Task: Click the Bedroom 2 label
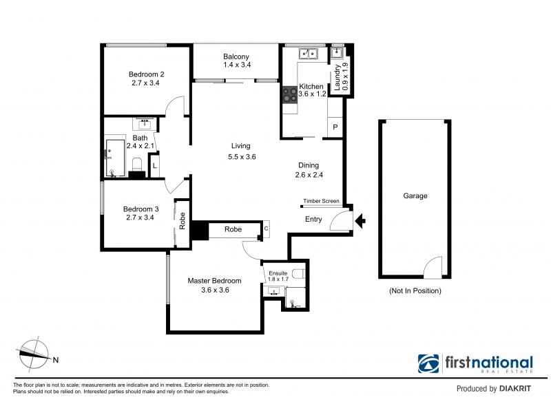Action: [x=146, y=74]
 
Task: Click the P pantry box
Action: [x=335, y=128]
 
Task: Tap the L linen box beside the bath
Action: [x=155, y=166]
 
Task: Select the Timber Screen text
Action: [x=321, y=202]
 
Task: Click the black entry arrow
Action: [x=360, y=221]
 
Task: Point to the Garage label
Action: [x=415, y=196]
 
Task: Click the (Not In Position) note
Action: [x=415, y=291]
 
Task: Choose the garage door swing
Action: [x=433, y=267]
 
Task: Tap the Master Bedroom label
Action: [x=215, y=281]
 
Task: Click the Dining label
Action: [x=308, y=165]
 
